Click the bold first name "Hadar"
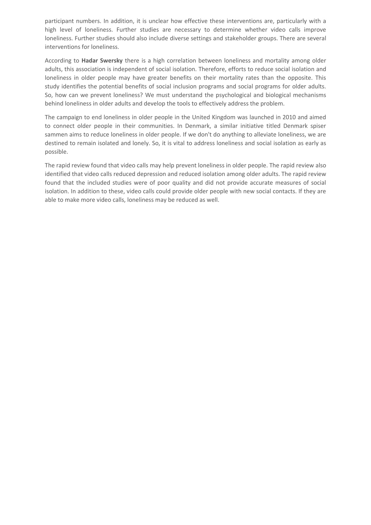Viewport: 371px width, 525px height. (x=90, y=61)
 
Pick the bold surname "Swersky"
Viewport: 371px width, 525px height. (x=111, y=61)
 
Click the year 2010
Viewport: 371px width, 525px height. (x=289, y=117)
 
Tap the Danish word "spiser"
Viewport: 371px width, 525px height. (x=318, y=126)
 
